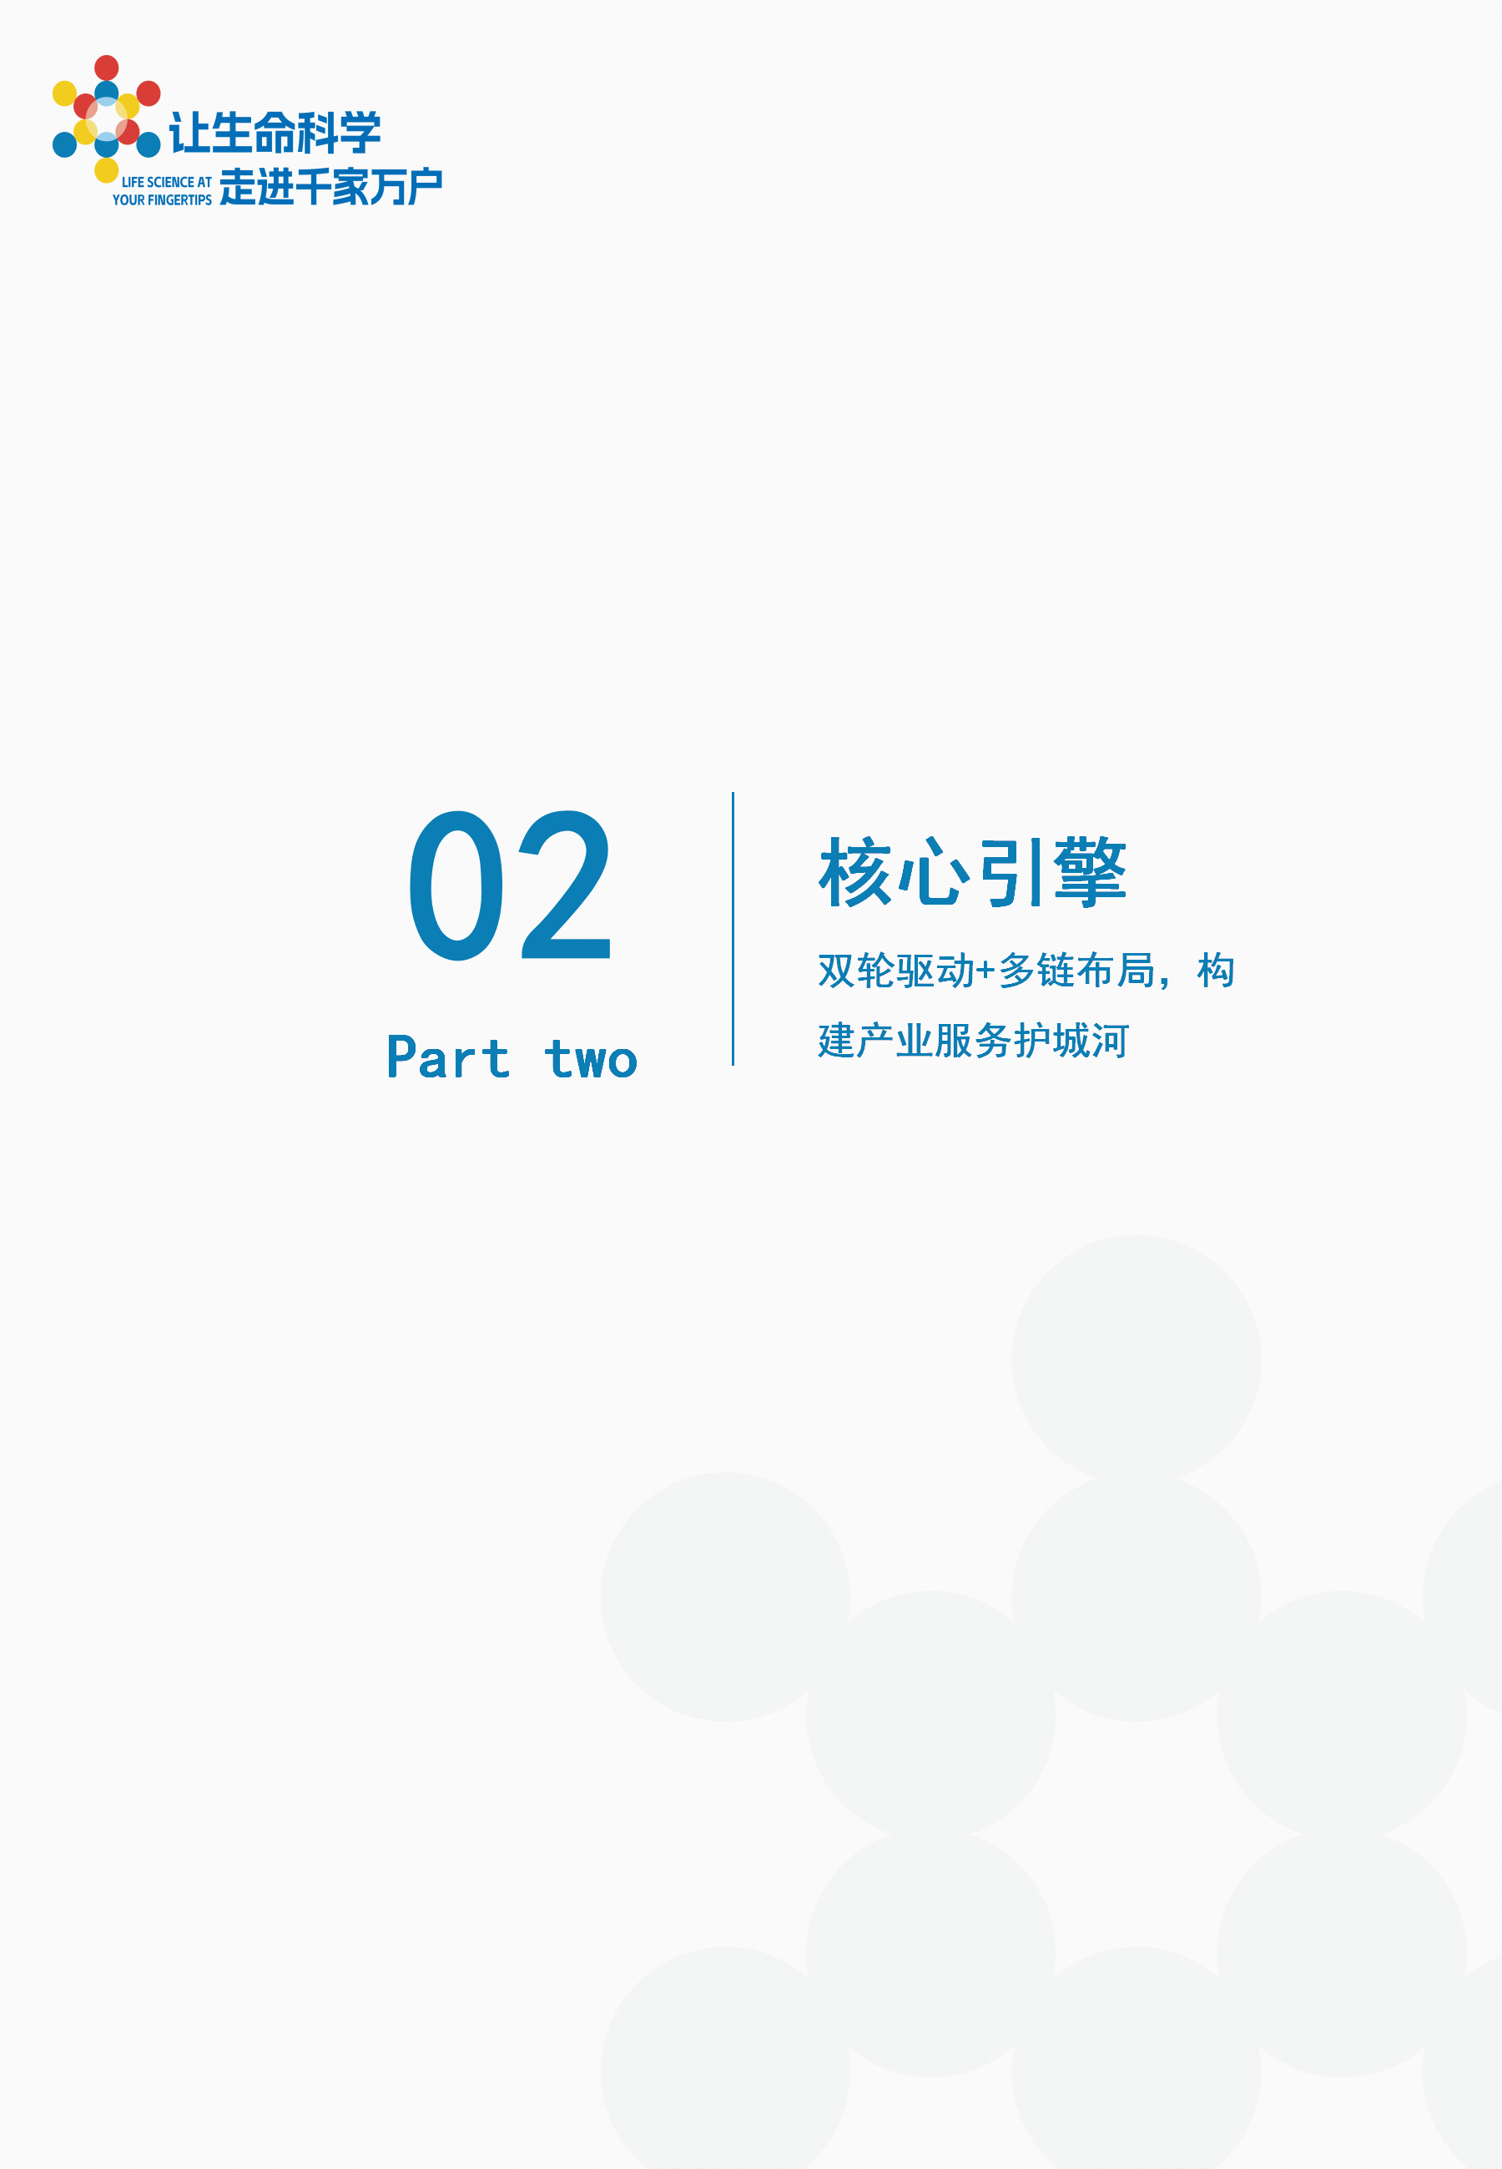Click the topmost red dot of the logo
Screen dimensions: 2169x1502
tap(106, 68)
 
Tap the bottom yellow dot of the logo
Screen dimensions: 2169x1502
tap(106, 170)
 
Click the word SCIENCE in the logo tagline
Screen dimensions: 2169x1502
tap(170, 183)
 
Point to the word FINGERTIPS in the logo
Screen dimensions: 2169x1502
tap(179, 200)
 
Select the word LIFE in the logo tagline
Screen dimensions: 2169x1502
tap(133, 183)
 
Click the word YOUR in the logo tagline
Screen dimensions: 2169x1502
tap(128, 200)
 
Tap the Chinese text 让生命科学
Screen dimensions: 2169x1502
tap(275, 133)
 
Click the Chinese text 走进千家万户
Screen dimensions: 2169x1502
tap(330, 186)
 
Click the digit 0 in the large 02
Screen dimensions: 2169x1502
tap(456, 885)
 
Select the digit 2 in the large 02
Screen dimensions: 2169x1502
tap(567, 885)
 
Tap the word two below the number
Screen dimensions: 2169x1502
tap(591, 1058)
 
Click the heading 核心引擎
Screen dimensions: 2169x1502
tap(972, 872)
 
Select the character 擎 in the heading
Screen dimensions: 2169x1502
tap(1090, 872)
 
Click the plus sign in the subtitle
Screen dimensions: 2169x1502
tap(985, 971)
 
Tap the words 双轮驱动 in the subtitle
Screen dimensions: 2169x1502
tap(896, 971)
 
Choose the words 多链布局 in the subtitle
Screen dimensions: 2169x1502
tap(1076, 971)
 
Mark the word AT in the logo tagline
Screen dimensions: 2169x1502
tap(204, 183)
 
